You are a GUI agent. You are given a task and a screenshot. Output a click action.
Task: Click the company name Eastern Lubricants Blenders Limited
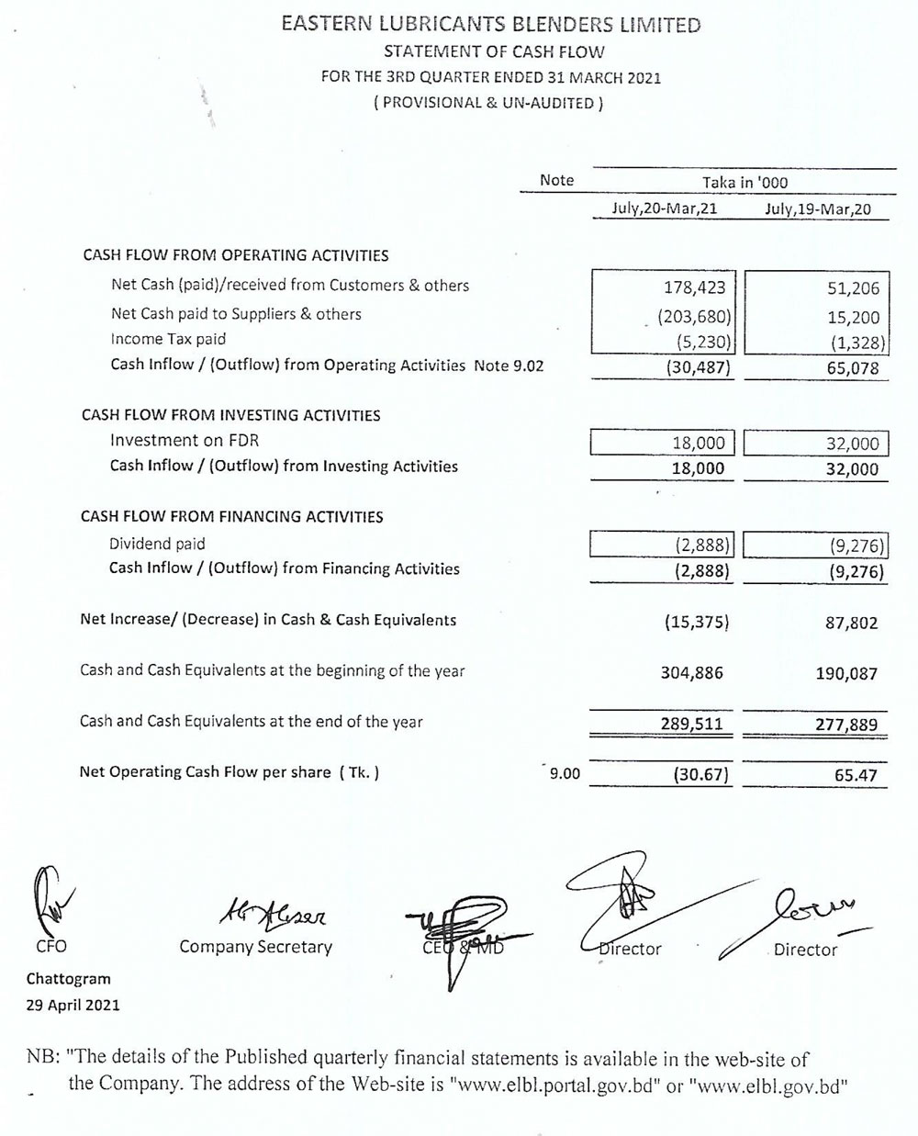pos(490,25)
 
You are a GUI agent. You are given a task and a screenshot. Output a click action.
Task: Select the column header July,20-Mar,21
pos(664,208)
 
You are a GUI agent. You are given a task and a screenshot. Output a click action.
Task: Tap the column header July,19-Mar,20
pos(817,208)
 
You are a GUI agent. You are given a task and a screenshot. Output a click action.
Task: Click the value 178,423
pos(694,287)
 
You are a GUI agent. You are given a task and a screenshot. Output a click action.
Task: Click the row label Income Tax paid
pos(168,339)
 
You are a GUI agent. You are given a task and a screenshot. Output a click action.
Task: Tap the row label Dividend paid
pos(157,544)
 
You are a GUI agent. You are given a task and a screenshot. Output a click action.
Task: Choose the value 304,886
pos(692,673)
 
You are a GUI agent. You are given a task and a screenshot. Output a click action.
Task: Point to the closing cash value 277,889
pos(846,725)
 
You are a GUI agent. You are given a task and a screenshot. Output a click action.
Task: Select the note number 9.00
pos(565,774)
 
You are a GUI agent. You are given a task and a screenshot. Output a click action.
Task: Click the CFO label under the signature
pos(50,946)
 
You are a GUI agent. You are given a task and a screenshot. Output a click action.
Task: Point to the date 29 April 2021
pos(73,1005)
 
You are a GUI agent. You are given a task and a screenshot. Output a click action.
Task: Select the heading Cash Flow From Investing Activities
pos(230,415)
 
